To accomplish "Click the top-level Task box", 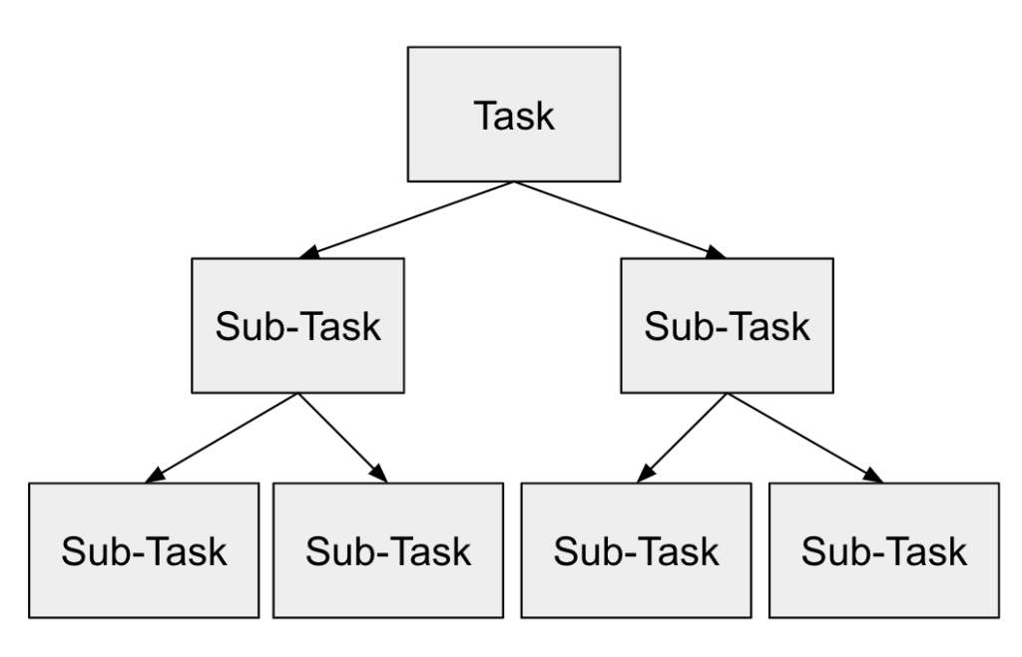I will click(x=514, y=115).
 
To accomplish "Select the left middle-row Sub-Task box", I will click(x=297, y=325).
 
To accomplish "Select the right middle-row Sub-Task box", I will click(x=727, y=325).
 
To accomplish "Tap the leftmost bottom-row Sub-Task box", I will click(x=144, y=549).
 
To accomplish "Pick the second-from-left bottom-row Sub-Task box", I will click(x=388, y=549).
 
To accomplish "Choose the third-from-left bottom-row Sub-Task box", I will click(x=636, y=549).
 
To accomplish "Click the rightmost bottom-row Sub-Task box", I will click(x=883, y=549).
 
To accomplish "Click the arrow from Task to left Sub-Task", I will click(x=409, y=219).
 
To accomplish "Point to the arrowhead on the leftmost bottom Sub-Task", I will click(x=152, y=477).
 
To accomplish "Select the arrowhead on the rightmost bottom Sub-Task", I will click(x=874, y=477).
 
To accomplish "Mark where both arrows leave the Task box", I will click(x=514, y=182).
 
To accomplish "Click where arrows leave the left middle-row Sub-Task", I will click(x=297, y=393).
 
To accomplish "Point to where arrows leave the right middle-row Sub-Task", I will click(x=727, y=393).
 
